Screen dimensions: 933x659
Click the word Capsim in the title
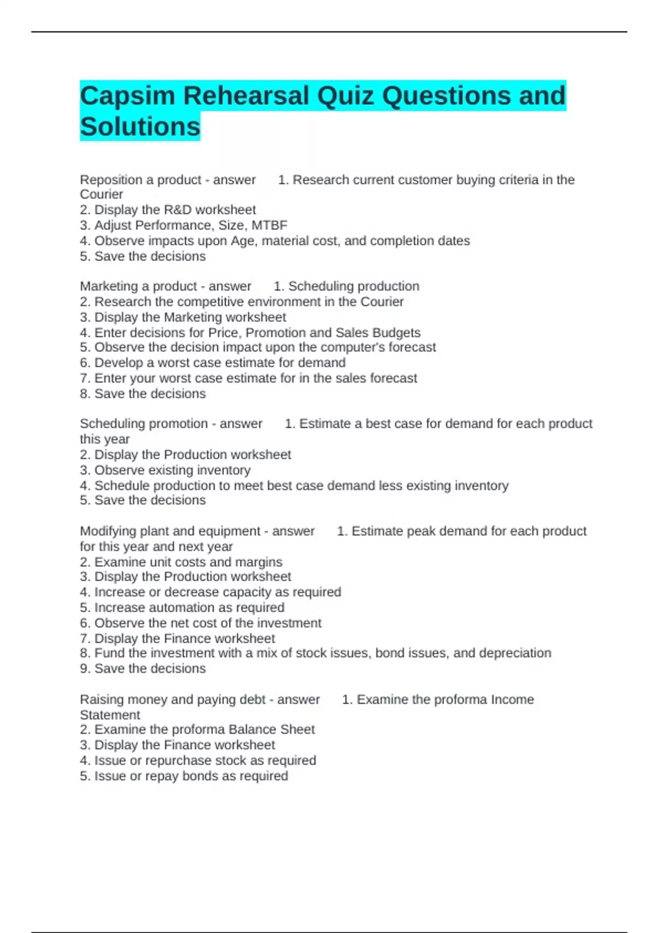127,96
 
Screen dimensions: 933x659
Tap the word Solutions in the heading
140,127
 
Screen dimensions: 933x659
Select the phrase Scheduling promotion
144,424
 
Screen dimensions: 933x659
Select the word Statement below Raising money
110,715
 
